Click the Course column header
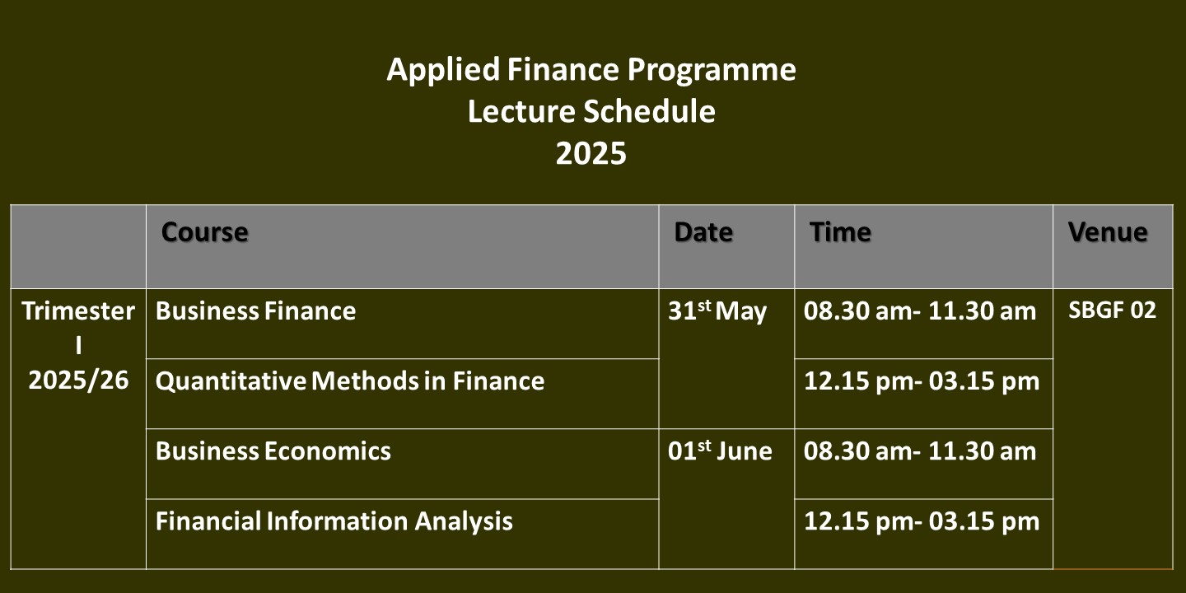pos(204,232)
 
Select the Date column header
pos(703,232)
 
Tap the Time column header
pos(840,232)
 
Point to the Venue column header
pos(1108,232)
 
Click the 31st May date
pos(717,311)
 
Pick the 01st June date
pos(720,451)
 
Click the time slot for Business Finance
pos(920,311)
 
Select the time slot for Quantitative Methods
pos(922,381)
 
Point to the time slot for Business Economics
pos(920,451)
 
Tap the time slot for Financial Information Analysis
pos(922,521)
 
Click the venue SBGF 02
pos(1113,311)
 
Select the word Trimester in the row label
pos(78,311)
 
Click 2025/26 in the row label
pos(78,381)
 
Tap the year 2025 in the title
pos(591,153)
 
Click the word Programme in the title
pos(712,71)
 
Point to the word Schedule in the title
pos(649,112)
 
